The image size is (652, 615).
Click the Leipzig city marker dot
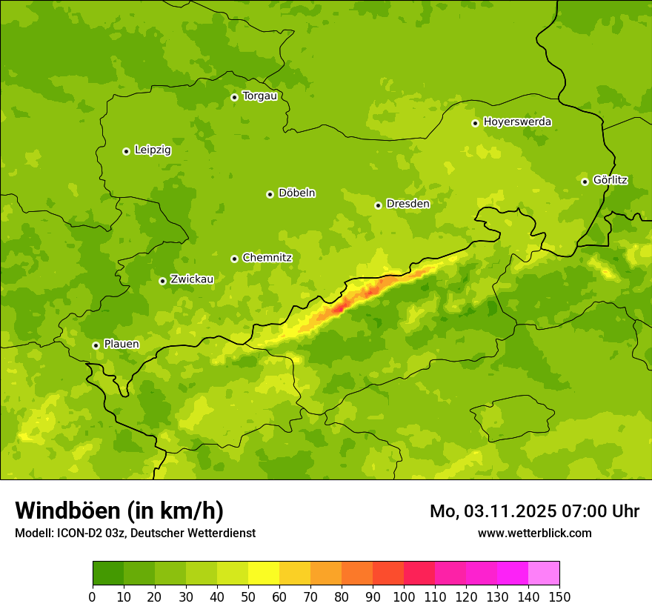tap(126, 151)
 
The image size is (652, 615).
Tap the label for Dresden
tap(408, 204)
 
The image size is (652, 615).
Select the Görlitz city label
tap(610, 180)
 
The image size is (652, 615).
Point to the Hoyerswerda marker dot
tap(475, 123)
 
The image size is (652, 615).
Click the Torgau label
tap(259, 96)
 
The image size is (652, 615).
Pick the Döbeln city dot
tap(270, 194)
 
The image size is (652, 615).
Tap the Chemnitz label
tap(267, 258)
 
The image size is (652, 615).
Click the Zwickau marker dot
tap(162, 281)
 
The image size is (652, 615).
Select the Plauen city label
tap(121, 345)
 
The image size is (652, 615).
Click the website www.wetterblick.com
tap(534, 533)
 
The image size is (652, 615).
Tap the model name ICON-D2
tap(76, 533)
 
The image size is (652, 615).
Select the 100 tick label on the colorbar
tap(404, 596)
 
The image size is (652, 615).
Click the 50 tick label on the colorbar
tap(248, 596)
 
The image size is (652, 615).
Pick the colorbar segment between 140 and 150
tap(544, 574)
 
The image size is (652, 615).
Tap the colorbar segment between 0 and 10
tap(108, 574)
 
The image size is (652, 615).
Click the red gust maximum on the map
tap(340, 307)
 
